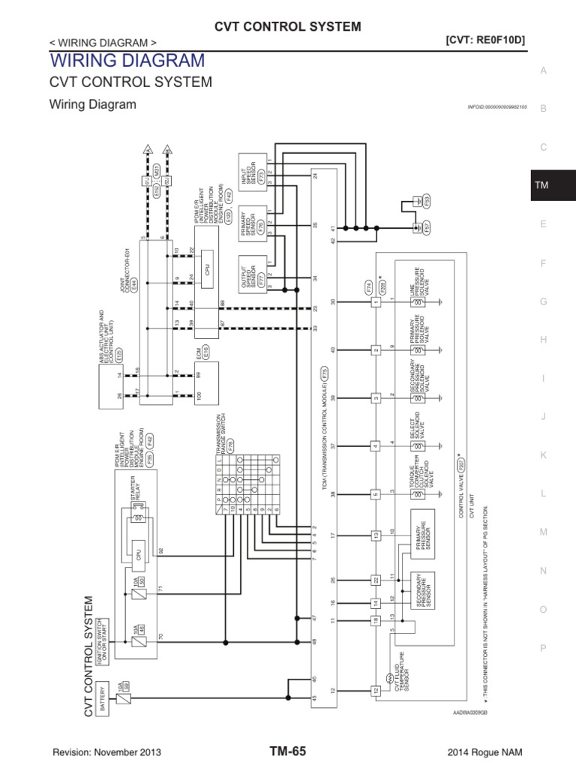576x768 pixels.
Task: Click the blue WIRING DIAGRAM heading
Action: (x=126, y=60)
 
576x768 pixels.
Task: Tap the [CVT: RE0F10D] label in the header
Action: (x=484, y=40)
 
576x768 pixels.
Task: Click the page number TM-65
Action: (x=287, y=751)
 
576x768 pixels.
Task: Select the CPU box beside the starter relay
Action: (x=139, y=555)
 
